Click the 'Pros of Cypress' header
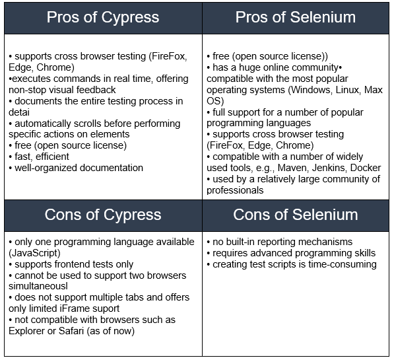point(103,18)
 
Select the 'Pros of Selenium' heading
point(296,17)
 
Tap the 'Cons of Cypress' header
point(103,215)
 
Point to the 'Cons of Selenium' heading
point(296,215)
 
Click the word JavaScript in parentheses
point(34,253)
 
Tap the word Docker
point(366,168)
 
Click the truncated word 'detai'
point(19,112)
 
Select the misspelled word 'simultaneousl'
point(38,286)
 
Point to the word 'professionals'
point(235,190)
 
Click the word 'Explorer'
point(26,332)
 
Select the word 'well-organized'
point(46,168)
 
